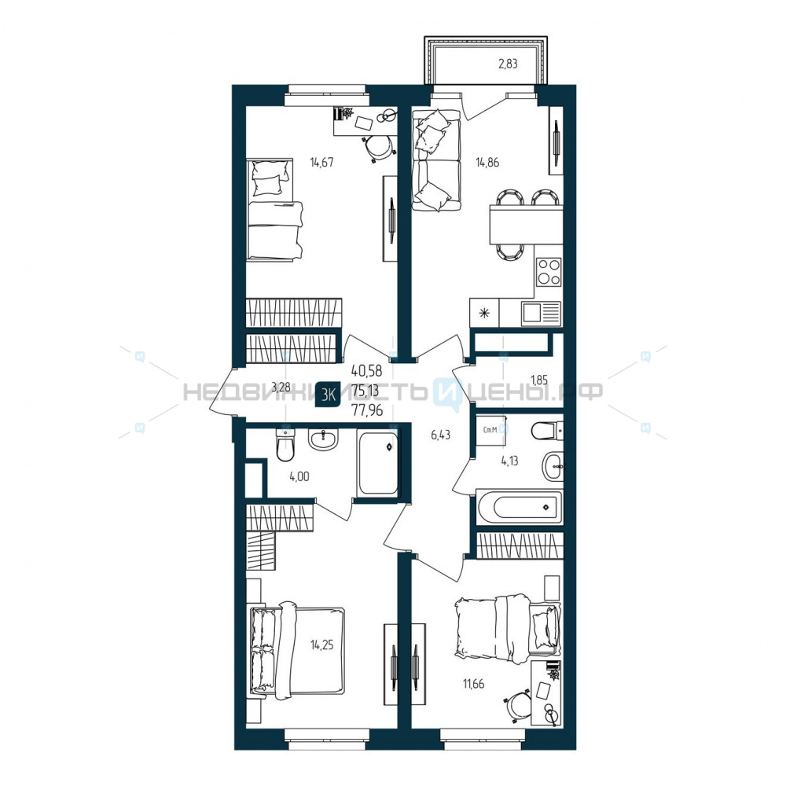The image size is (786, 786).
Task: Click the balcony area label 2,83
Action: [x=507, y=64]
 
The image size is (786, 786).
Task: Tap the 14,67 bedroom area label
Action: [x=321, y=162]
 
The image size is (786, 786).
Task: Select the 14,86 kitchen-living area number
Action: [x=487, y=162]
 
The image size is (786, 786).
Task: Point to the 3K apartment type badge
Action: [x=328, y=395]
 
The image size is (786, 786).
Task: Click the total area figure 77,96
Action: [x=367, y=410]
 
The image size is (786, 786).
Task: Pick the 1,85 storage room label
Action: [x=539, y=380]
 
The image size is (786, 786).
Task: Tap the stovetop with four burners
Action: [x=549, y=271]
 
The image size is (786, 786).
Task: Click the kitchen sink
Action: [x=541, y=314]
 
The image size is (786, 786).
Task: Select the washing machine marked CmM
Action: [x=490, y=430]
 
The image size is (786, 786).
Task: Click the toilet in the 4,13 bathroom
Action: [x=547, y=430]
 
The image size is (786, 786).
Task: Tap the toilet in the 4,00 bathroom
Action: [x=285, y=444]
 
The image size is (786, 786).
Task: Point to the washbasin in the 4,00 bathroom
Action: [x=324, y=439]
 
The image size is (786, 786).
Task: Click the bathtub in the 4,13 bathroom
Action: [x=520, y=507]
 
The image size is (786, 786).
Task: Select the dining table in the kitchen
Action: [x=525, y=226]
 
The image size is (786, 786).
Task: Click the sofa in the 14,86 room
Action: [x=435, y=160]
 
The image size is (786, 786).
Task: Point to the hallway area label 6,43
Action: [x=441, y=435]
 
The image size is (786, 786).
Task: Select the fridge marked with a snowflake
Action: [x=484, y=314]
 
